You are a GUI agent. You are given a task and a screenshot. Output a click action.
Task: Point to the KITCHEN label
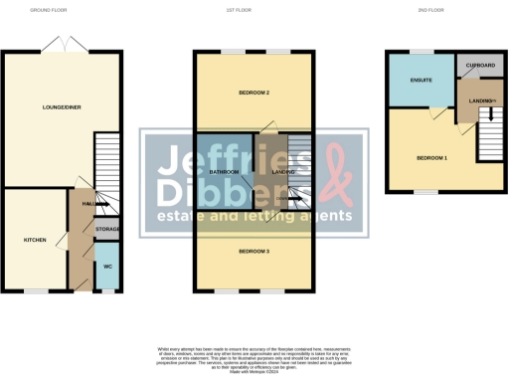[35, 241]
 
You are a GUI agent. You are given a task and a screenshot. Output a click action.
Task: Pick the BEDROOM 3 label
[254, 252]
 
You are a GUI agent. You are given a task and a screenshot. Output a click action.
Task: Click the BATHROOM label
[225, 172]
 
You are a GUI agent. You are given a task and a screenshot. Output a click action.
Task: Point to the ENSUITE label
[420, 82]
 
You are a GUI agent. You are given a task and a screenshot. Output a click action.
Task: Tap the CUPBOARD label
[477, 65]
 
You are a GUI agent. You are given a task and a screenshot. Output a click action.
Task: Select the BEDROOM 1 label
[430, 158]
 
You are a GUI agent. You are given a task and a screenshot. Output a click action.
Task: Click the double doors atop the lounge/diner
[62, 46]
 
